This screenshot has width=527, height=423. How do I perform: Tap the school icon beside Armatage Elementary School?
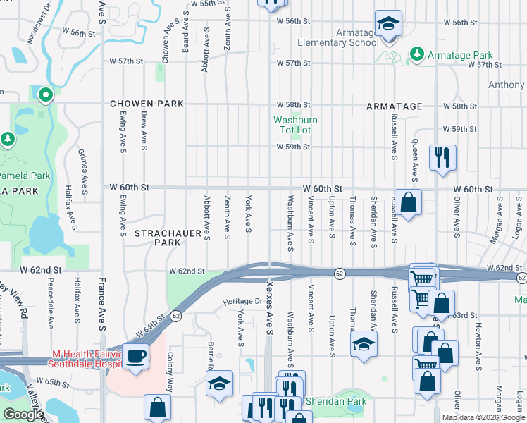pyautogui.click(x=387, y=25)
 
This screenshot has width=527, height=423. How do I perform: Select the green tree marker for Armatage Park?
pyautogui.click(x=416, y=54)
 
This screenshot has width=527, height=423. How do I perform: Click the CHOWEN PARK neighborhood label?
pyautogui.click(x=147, y=104)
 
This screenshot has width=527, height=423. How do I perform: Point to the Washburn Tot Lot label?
pyautogui.click(x=295, y=125)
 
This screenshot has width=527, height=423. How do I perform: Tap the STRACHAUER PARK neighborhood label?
pyautogui.click(x=157, y=237)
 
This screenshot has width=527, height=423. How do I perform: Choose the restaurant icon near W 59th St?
pyautogui.click(x=442, y=158)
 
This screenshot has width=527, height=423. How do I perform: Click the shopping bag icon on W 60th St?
pyautogui.click(x=408, y=203)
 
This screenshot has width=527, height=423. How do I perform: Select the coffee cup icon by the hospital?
pyautogui.click(x=135, y=355)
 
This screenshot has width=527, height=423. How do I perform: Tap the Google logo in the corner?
pyautogui.click(x=23, y=415)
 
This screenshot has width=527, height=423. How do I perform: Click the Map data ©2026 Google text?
pyautogui.click(x=483, y=417)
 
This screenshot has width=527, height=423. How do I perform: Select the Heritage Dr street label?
pyautogui.click(x=242, y=301)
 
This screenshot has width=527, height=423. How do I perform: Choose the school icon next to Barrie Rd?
pyautogui.click(x=219, y=384)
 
